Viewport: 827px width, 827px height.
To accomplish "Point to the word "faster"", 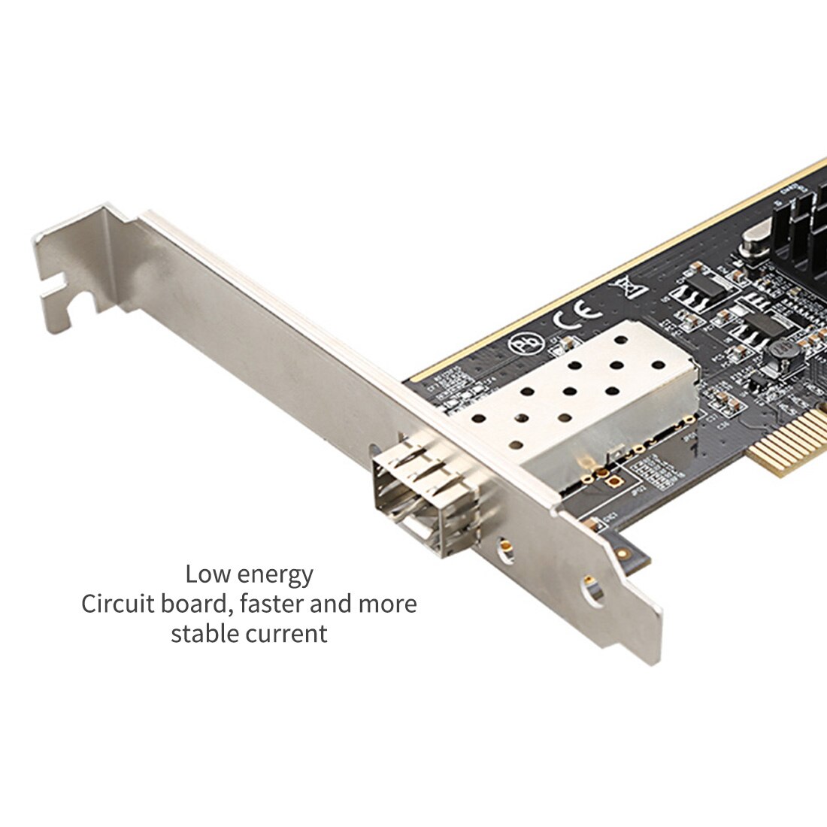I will (x=289, y=604).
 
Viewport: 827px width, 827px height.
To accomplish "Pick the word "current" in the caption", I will (x=289, y=633).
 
